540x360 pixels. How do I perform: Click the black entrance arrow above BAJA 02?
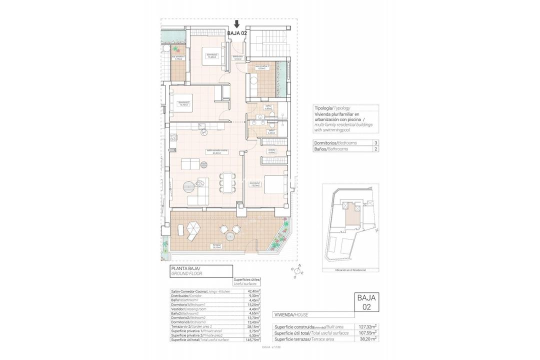click(237, 24)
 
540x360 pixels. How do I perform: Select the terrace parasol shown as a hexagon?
click(192, 231)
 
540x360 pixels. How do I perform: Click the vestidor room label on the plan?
click(272, 150)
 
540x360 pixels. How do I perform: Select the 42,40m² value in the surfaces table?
click(253, 291)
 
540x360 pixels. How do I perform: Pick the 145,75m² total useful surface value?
click(252, 339)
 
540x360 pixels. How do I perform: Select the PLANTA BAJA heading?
click(185, 269)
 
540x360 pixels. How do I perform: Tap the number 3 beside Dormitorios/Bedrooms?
click(375, 142)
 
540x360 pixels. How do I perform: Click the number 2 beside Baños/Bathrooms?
click(375, 149)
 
